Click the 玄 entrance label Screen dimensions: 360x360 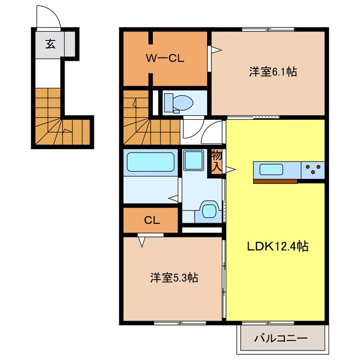point(50,44)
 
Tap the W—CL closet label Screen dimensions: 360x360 point(165,58)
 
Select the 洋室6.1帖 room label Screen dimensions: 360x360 point(273,71)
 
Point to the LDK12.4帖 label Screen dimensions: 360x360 point(277,246)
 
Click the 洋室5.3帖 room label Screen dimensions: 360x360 point(174,277)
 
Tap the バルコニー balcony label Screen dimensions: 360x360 point(281,338)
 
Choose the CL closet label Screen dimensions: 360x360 point(152,220)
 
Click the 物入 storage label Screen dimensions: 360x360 point(217,161)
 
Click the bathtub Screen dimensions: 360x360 point(150,162)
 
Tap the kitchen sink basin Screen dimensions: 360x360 point(271,169)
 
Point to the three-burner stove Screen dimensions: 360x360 point(313,170)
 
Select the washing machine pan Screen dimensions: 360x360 point(193,160)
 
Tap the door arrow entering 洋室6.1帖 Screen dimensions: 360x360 point(217,50)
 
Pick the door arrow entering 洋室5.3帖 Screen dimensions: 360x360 point(142,242)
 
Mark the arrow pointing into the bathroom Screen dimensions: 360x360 point(173,198)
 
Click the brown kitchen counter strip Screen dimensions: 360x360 point(275,181)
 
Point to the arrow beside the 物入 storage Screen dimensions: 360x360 point(231,170)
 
